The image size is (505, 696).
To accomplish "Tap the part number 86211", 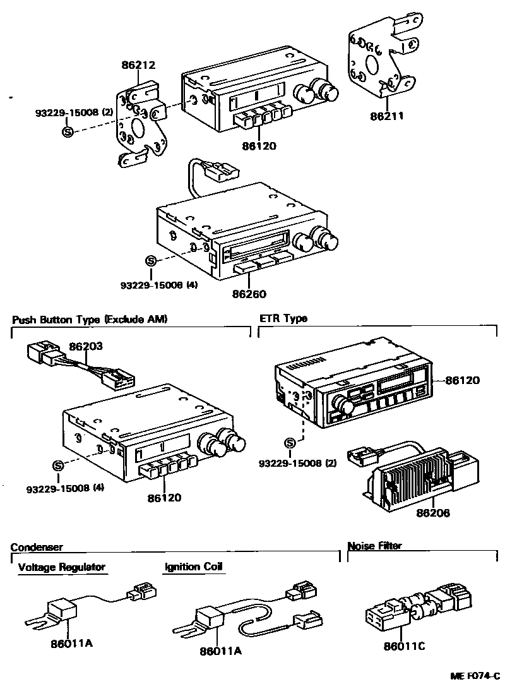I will tap(386, 116).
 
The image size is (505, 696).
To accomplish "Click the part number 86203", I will tap(86, 346).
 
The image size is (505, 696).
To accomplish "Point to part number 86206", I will tap(433, 513).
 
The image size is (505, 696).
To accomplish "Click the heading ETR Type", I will tap(283, 318).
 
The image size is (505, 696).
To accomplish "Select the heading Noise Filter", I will tap(374, 546).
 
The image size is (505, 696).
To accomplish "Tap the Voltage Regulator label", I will tap(62, 567).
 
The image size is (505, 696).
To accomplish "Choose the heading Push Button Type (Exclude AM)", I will tap(90, 319).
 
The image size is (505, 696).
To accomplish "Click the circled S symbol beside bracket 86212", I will tap(68, 132).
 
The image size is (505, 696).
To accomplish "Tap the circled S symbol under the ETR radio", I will tap(290, 443).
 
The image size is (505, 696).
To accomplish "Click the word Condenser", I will tap(37, 547).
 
